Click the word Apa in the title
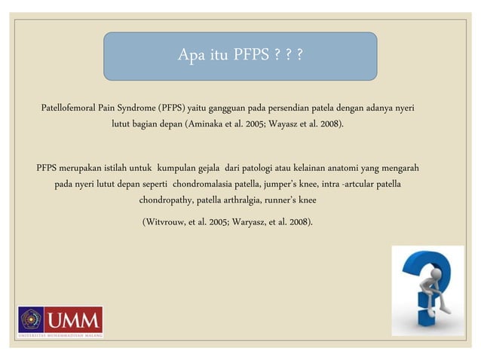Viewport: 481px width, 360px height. click(x=191, y=55)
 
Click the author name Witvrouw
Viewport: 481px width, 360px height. click(x=170, y=223)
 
